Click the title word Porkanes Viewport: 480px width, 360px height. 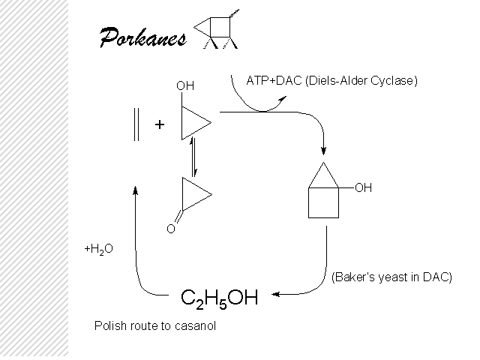coord(142,37)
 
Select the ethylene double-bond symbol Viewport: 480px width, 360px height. coord(136,125)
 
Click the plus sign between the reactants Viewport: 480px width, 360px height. coord(160,125)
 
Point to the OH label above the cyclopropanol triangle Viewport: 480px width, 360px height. coord(185,86)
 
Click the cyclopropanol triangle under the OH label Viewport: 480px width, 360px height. coord(193,123)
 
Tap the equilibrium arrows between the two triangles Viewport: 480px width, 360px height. coord(195,158)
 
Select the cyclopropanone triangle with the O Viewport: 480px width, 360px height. coord(193,194)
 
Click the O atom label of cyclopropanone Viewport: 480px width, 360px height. coord(170,229)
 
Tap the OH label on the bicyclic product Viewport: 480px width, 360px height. coord(363,188)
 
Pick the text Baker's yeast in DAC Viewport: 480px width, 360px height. coord(391,277)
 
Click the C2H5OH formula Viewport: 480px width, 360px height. coord(220,298)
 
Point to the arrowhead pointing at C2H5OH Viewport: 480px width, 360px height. coord(275,295)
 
